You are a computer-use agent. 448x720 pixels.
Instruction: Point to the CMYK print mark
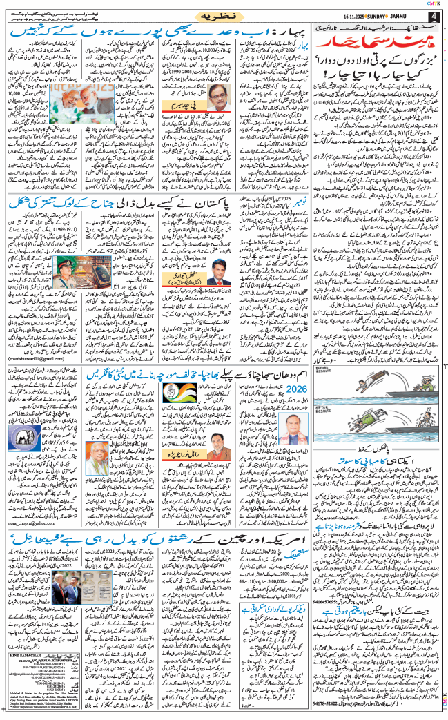pyautogui.click(x=435, y=3)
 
